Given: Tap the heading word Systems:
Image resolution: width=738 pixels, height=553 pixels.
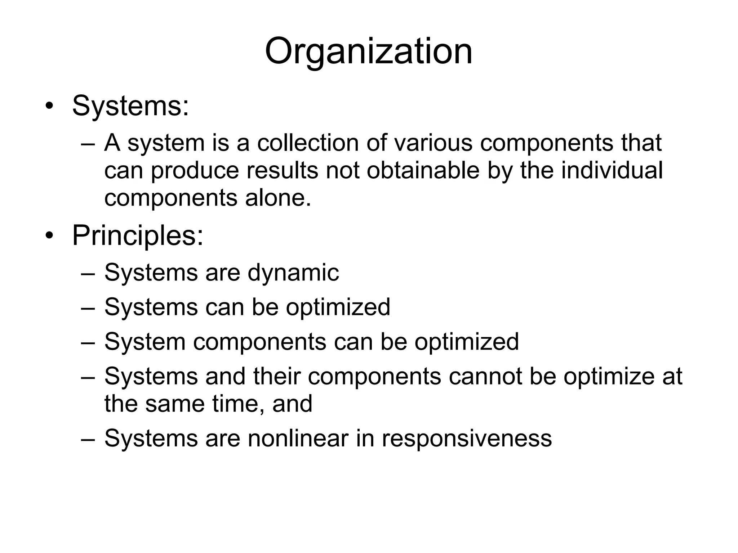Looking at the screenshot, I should click(x=130, y=106).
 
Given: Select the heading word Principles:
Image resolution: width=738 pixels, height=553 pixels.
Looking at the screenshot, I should click(x=138, y=235).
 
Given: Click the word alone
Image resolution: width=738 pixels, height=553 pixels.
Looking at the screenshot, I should click(x=278, y=198).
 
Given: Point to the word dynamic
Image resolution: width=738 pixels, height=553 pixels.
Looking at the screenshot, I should click(x=293, y=273).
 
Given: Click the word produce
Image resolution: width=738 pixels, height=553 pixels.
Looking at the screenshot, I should click(x=195, y=171).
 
